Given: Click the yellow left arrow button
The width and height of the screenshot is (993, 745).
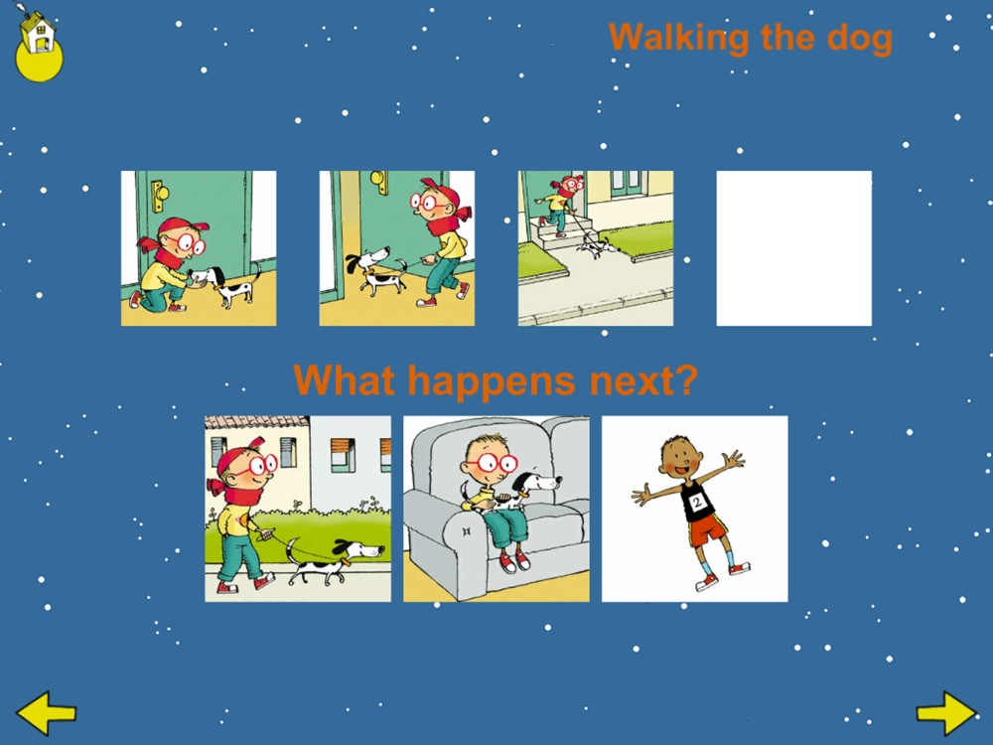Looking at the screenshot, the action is tap(47, 712).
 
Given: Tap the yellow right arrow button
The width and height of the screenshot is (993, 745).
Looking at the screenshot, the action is tap(946, 712).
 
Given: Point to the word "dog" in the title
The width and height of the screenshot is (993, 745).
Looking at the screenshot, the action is tap(859, 39).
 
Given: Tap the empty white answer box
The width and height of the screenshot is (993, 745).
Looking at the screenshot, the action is tap(793, 248).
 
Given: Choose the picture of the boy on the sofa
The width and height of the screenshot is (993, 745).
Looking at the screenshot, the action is tap(496, 509).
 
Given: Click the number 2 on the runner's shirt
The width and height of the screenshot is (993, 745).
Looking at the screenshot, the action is tap(697, 504).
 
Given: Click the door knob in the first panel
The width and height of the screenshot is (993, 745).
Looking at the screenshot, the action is tap(158, 190).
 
